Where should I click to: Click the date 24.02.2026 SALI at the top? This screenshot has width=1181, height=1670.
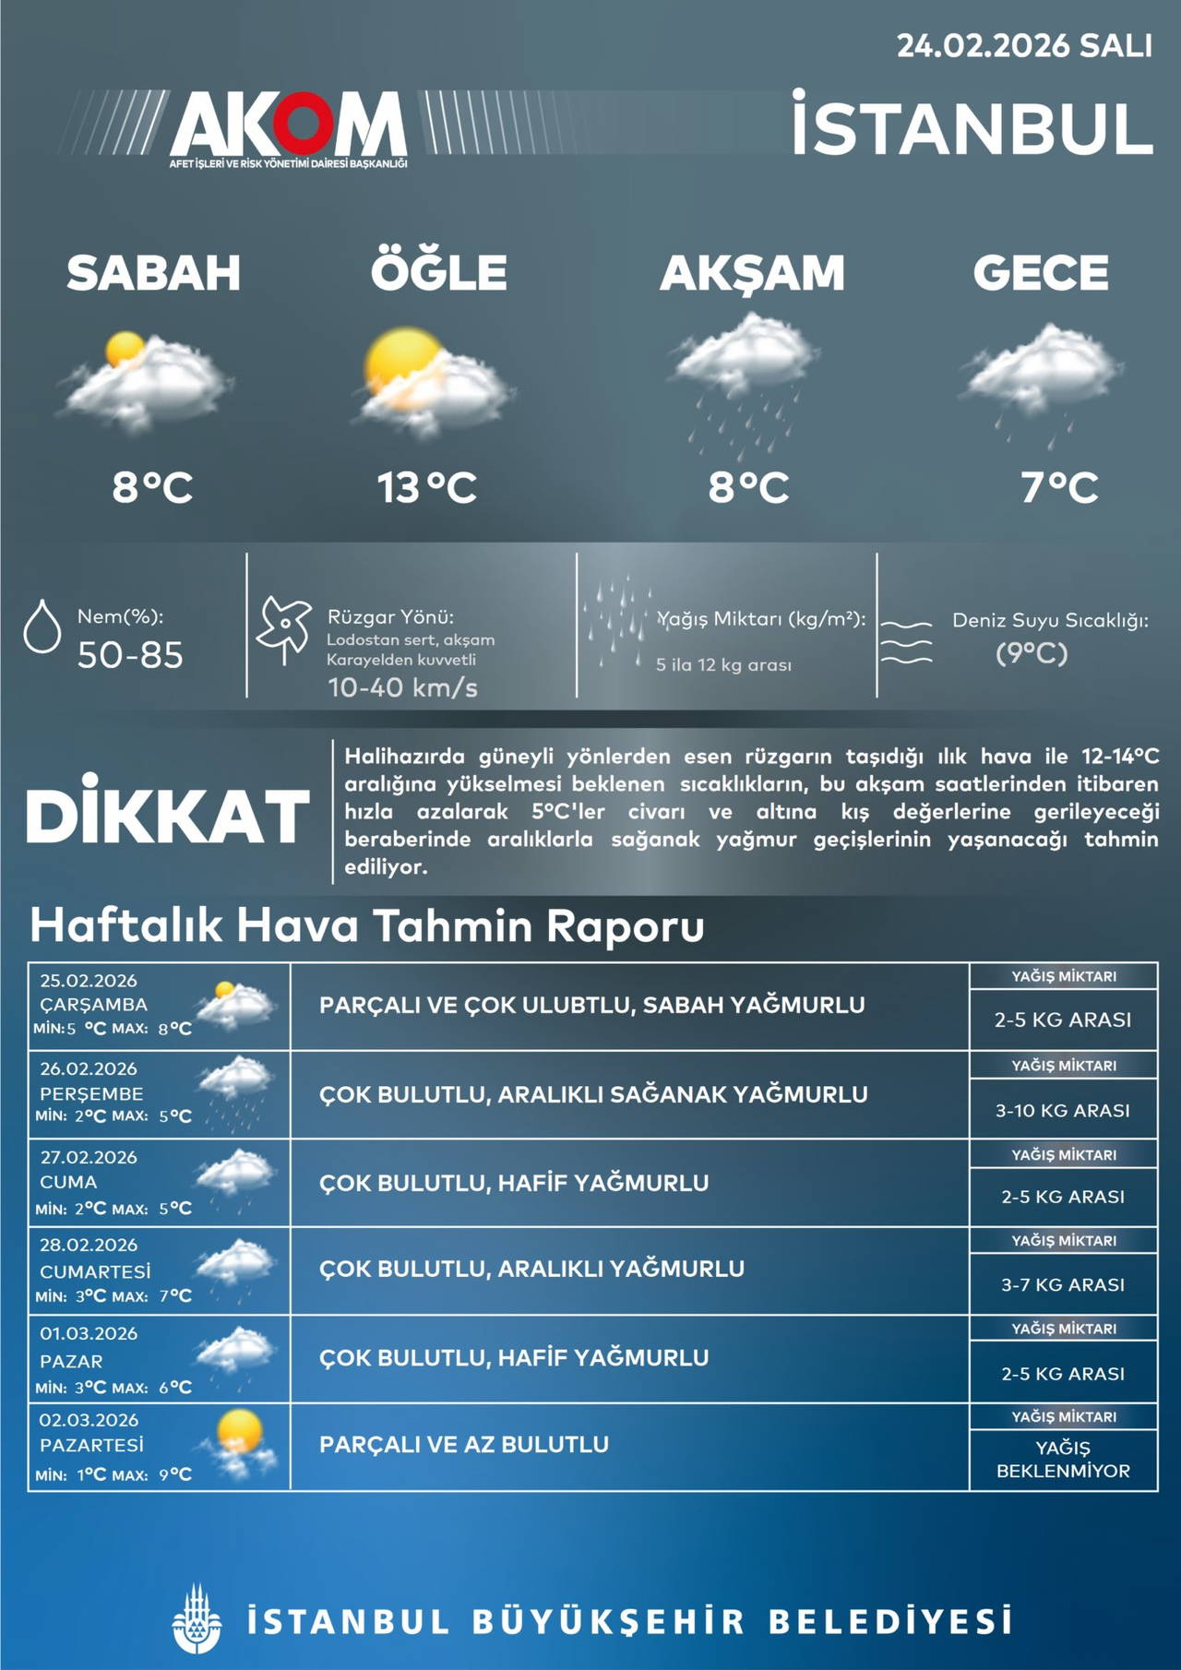[1024, 46]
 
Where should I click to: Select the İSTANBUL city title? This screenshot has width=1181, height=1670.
[972, 127]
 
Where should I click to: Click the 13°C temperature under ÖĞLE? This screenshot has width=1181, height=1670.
[426, 487]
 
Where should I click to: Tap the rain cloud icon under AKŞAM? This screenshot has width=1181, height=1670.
[744, 378]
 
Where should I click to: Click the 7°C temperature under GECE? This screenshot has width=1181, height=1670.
[1059, 487]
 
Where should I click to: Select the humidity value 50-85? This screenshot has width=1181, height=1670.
[130, 655]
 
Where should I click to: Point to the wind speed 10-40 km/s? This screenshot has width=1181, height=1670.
[402, 687]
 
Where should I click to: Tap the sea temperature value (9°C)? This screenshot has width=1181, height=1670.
[1032, 653]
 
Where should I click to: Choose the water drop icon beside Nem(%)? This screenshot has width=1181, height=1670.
[42, 627]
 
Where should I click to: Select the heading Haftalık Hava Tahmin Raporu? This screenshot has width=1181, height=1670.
[367, 925]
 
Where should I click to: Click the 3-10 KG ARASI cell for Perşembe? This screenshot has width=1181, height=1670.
[1062, 1110]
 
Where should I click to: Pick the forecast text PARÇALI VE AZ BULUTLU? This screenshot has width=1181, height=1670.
[464, 1444]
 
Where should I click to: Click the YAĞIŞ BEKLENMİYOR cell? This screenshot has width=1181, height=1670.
[1063, 1459]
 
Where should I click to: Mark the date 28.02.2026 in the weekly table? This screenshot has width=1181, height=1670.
[89, 1245]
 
